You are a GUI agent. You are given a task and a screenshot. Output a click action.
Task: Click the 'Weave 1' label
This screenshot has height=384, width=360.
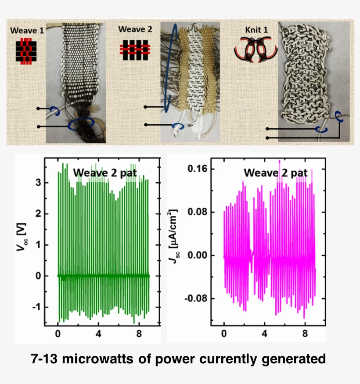tap(26, 31)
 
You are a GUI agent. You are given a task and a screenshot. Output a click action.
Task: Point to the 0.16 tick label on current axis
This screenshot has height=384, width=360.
tap(198, 169)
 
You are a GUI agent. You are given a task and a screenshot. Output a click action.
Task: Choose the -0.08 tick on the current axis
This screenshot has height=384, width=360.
tap(196, 299)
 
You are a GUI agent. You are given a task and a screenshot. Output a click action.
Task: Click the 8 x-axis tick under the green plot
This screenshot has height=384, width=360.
tap(138, 333)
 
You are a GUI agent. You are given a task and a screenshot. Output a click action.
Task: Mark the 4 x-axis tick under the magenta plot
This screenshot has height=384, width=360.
tap(264, 333)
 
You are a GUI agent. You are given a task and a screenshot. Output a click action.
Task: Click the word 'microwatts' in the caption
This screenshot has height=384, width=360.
tap(105, 359)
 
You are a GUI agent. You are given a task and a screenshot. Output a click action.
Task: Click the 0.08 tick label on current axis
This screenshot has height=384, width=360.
tap(198, 212)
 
